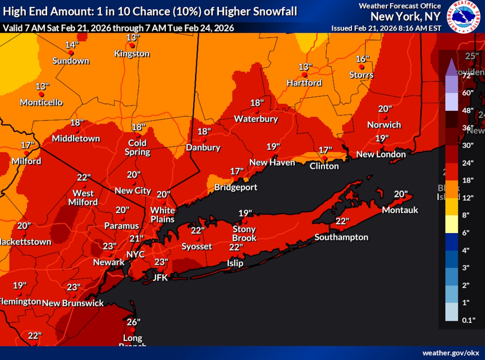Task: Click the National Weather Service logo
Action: click(465, 16)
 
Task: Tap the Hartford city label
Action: click(304, 83)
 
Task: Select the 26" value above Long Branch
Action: click(133, 322)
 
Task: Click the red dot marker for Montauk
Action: click(400, 202)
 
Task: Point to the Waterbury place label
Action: click(256, 119)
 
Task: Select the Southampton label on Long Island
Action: click(341, 237)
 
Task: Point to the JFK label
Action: click(160, 277)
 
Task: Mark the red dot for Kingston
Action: click(131, 45)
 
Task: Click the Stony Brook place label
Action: click(244, 234)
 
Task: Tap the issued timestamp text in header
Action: click(386, 28)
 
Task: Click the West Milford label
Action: click(83, 198)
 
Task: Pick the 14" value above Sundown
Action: click(72, 45)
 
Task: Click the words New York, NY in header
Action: click(405, 17)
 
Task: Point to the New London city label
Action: click(381, 154)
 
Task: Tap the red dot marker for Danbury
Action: click(203, 140)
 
